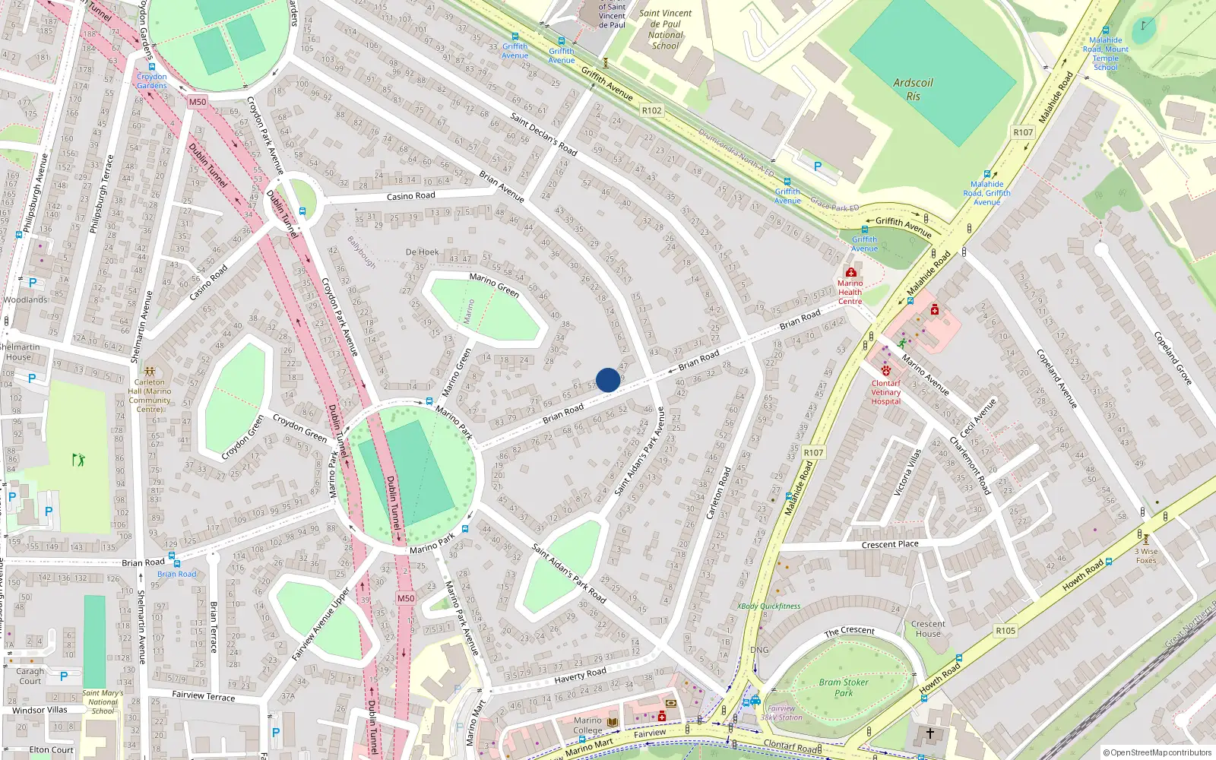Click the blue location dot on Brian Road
point(607,380)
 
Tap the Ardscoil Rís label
point(913,90)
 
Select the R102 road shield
point(651,110)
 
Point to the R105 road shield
point(1005,631)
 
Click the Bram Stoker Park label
point(843,687)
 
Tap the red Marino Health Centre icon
point(850,272)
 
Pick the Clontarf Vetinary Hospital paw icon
point(885,372)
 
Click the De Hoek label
point(422,252)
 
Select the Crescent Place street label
point(889,544)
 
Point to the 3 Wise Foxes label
point(1146,556)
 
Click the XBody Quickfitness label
point(768,606)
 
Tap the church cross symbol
point(929,733)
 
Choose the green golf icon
point(78,460)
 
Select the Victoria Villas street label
point(908,472)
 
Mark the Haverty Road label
point(580,675)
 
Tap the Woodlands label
point(25,299)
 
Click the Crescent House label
point(928,629)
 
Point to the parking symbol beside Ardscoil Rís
point(818,166)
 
